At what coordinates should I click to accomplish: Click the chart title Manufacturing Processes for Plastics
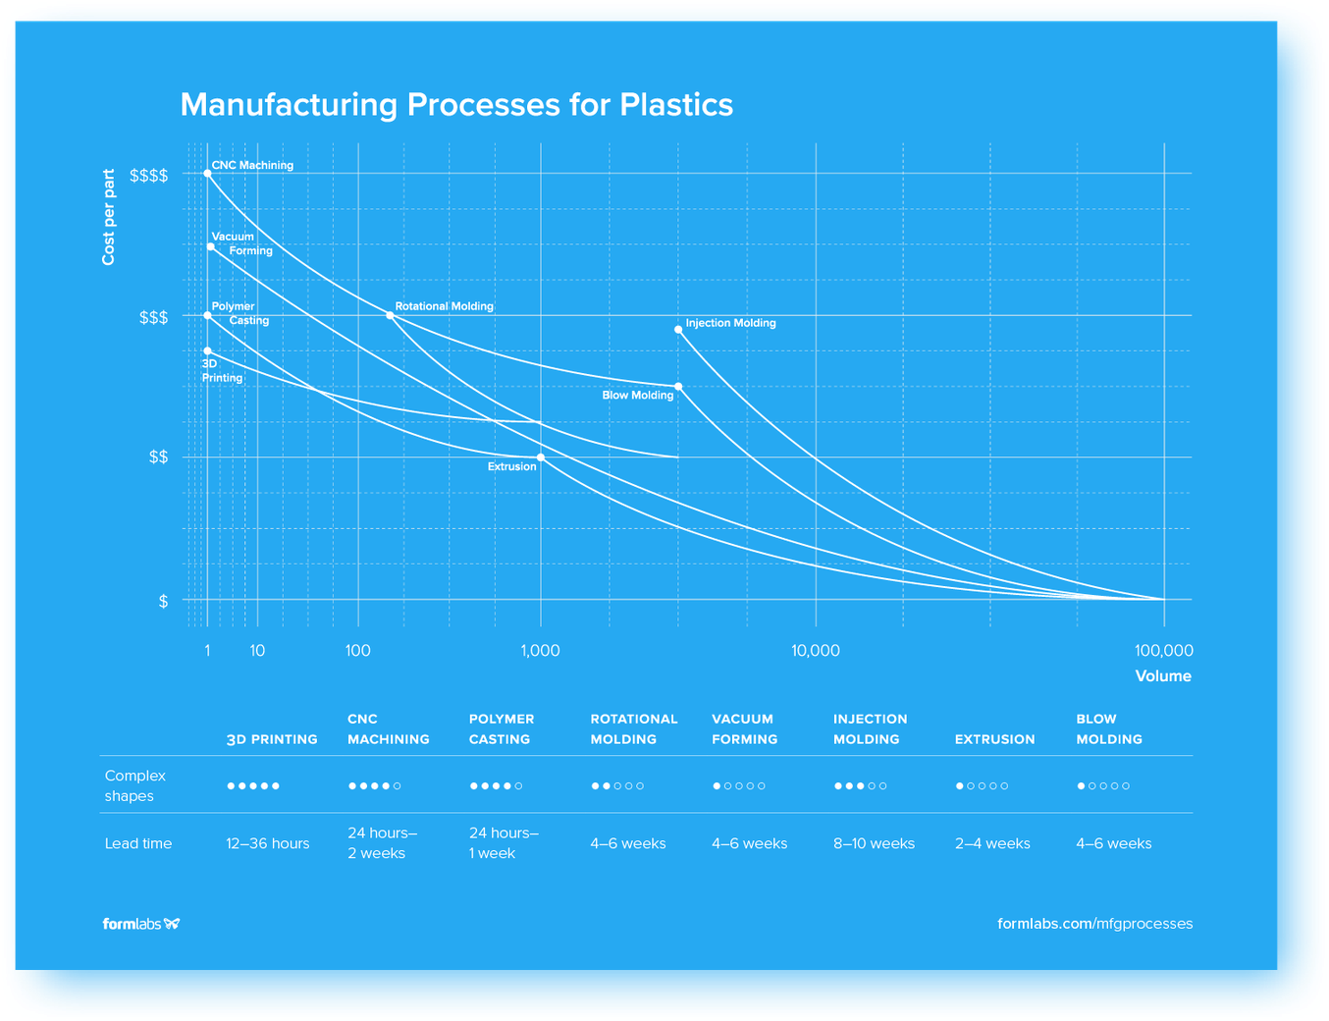[456, 105]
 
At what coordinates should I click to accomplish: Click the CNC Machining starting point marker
[207, 174]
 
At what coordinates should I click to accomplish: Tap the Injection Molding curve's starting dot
[678, 330]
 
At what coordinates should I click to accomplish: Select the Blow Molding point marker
[678, 387]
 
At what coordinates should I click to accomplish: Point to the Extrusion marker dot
[541, 457]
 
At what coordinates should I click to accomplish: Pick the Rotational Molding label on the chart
[444, 306]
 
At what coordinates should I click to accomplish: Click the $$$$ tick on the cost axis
[149, 176]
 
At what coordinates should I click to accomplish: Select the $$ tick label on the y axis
[158, 457]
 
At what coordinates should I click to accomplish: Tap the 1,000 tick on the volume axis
[540, 651]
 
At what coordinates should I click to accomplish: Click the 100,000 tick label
[1163, 651]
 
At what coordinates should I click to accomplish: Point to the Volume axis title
[1163, 676]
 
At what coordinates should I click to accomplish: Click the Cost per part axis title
[109, 217]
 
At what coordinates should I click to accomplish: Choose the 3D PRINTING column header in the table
[272, 739]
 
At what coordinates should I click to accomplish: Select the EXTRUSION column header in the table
[994, 739]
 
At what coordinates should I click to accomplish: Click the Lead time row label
[138, 843]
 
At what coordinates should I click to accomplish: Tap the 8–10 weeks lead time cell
[874, 843]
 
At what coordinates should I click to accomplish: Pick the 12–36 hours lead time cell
[267, 843]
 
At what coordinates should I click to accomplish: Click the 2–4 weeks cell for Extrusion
[992, 843]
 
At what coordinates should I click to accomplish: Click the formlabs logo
[141, 924]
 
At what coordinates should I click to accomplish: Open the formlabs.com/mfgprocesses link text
[1094, 924]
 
